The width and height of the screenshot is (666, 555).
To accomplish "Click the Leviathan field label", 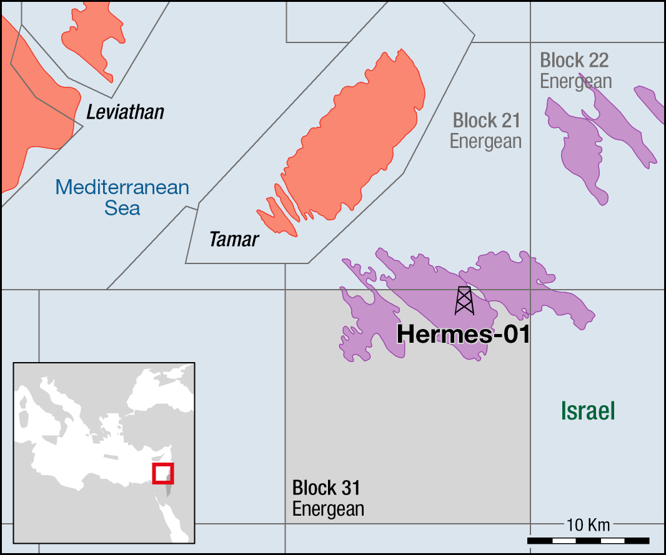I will tap(125, 112).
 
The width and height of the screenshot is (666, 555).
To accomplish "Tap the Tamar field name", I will tap(234, 239).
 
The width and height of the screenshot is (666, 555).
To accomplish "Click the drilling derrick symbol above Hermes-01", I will tap(464, 300).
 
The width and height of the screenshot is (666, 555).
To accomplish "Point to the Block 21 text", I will tap(486, 120).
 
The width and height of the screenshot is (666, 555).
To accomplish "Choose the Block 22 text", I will tap(574, 61).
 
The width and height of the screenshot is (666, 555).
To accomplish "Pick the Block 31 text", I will tap(326, 488).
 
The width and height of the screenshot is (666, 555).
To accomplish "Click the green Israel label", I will tap(588, 411).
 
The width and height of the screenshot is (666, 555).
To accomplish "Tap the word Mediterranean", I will tap(122, 187).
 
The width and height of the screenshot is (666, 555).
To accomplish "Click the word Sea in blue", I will tap(122, 208).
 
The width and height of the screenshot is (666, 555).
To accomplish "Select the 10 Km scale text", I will tap(588, 524).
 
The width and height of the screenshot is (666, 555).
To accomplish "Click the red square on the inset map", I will tap(163, 473).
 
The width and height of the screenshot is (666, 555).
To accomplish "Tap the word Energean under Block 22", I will tap(575, 81).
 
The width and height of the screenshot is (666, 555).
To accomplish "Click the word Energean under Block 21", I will tap(485, 141).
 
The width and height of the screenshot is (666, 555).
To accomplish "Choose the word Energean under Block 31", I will tap(328, 509).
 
